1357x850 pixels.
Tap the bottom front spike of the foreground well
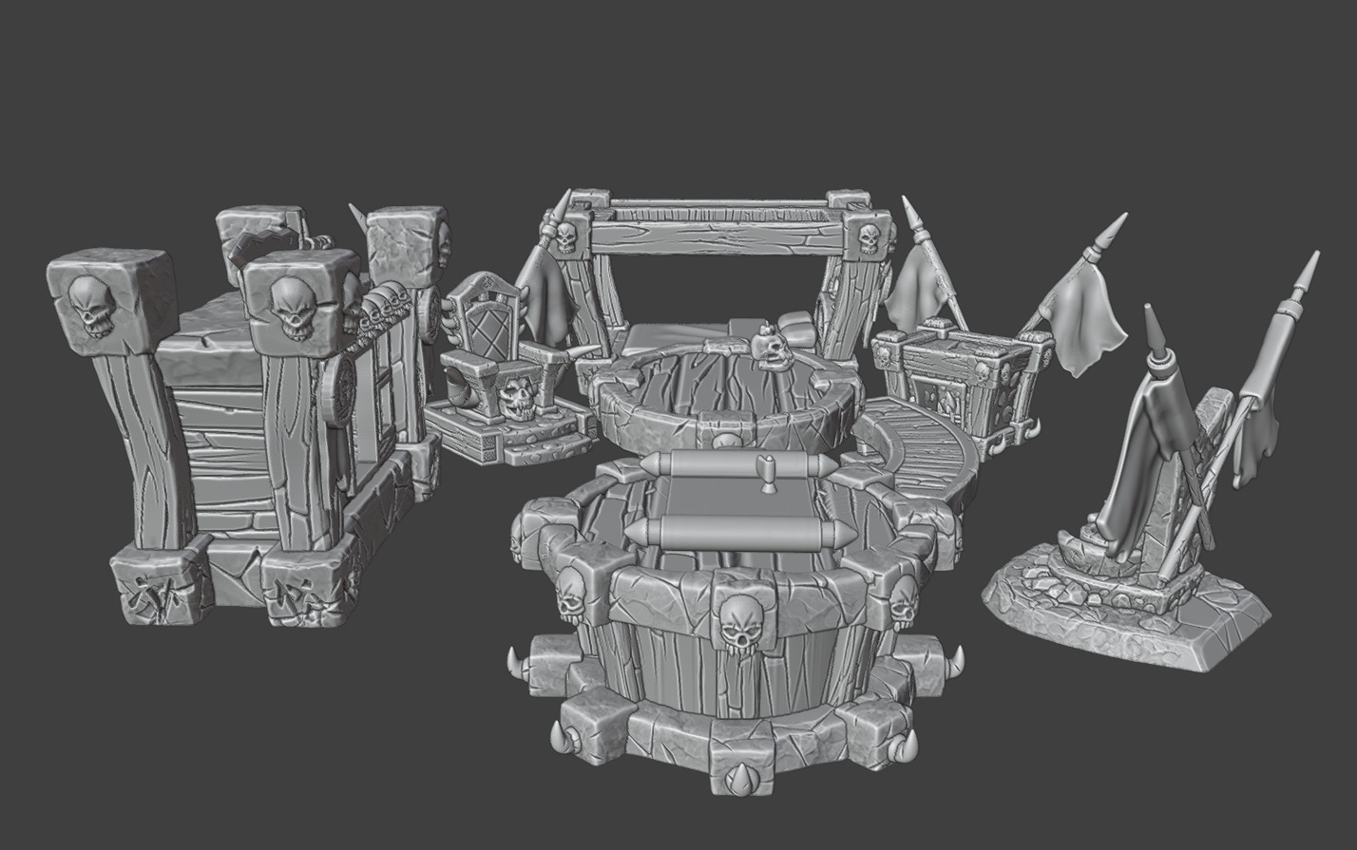point(736,778)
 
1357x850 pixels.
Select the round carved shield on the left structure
point(339,391)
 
